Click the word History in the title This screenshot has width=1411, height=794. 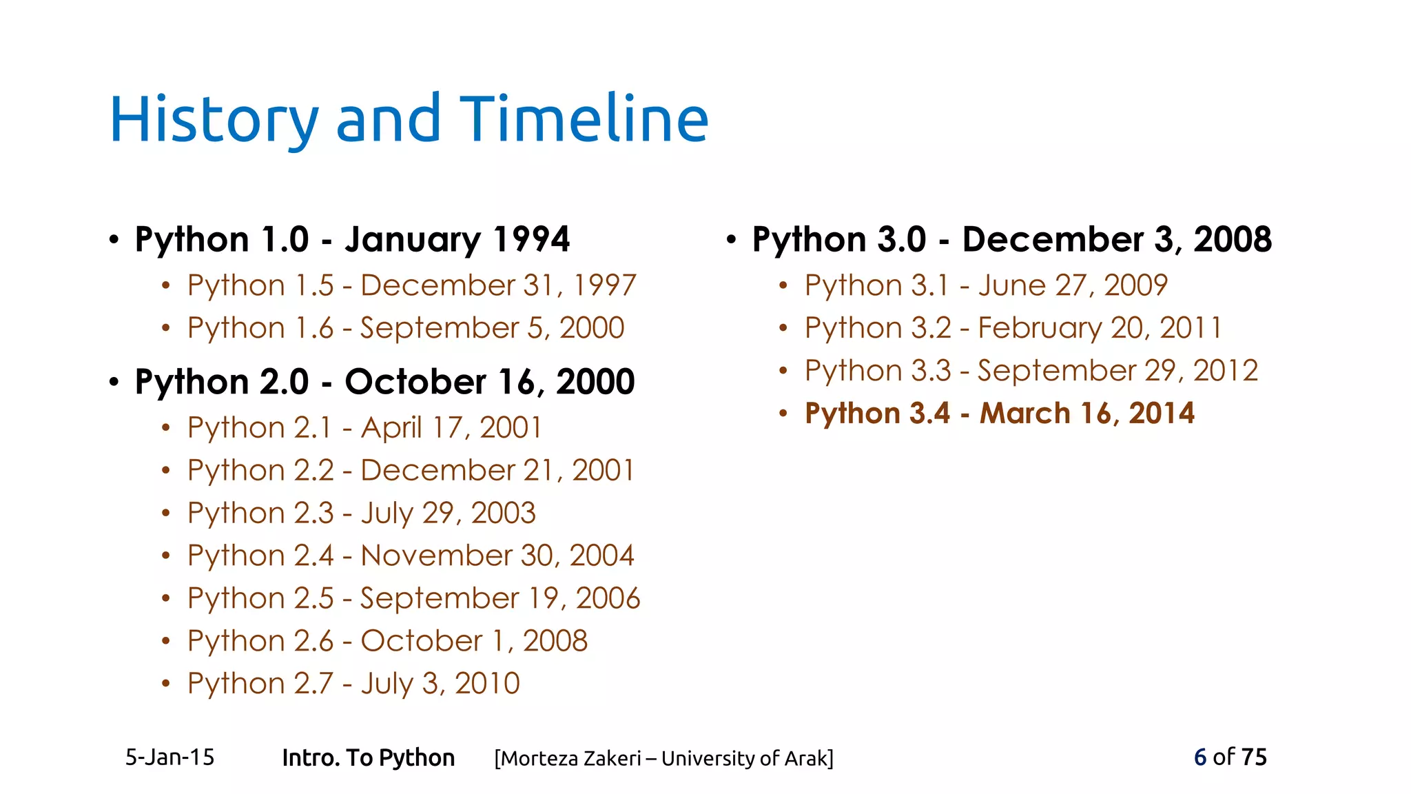pos(214,120)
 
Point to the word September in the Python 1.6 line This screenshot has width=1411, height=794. pos(440,328)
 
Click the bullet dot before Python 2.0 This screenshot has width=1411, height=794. pos(114,381)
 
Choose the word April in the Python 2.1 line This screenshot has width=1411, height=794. pos(391,428)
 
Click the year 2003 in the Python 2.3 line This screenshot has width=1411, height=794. pos(503,513)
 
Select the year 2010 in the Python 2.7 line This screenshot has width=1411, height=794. pos(487,684)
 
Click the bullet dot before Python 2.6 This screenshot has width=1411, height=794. pos(165,641)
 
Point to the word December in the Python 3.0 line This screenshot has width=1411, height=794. pos(1052,240)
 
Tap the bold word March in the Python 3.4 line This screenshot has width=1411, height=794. pos(1025,414)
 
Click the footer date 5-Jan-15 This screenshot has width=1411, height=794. pos(169,757)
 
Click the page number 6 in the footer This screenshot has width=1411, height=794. pos(1200,757)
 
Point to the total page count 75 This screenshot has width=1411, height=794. pos(1253,757)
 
